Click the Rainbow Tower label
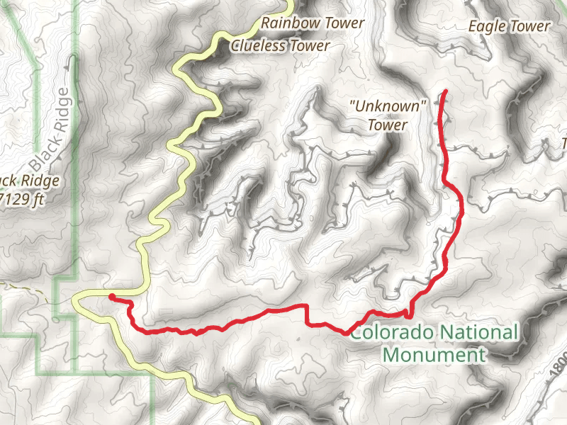click(x=313, y=23)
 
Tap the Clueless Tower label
click(x=281, y=45)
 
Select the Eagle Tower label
click(x=509, y=26)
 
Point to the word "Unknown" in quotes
click(x=388, y=106)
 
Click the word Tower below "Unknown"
click(x=388, y=125)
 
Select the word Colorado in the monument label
click(x=393, y=331)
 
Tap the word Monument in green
click(x=434, y=354)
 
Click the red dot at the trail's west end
click(x=112, y=297)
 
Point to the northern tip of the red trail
click(x=445, y=92)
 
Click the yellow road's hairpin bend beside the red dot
click(x=77, y=301)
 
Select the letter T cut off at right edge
click(x=564, y=144)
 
